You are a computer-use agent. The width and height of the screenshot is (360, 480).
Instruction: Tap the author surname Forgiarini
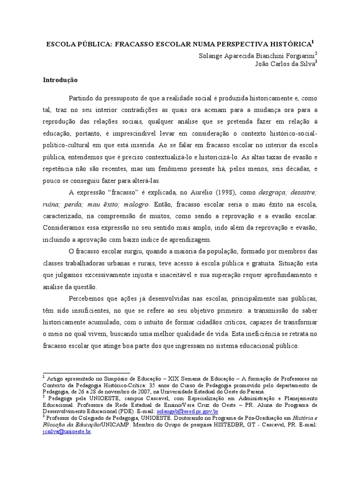point(299,56)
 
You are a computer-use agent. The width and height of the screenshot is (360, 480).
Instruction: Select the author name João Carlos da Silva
point(284,65)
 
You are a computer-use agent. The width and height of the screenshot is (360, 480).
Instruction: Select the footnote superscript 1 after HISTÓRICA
point(313,42)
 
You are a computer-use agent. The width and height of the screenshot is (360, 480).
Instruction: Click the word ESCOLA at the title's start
point(58,45)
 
